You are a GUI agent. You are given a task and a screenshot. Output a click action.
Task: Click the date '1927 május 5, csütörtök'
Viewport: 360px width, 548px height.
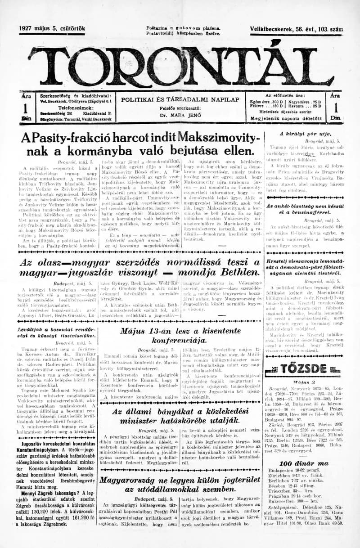(x=52, y=29)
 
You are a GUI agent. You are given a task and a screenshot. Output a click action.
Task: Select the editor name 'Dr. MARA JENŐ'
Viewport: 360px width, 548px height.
(x=180, y=116)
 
